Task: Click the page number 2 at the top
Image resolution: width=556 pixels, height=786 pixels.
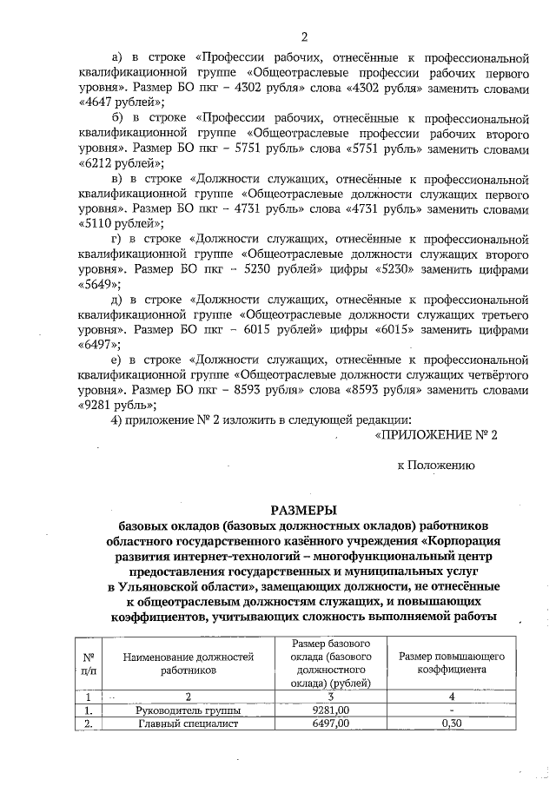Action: click(x=304, y=36)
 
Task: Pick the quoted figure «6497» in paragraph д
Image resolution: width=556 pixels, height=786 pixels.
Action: click(x=100, y=345)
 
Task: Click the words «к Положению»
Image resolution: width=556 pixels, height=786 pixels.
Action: click(x=436, y=466)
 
